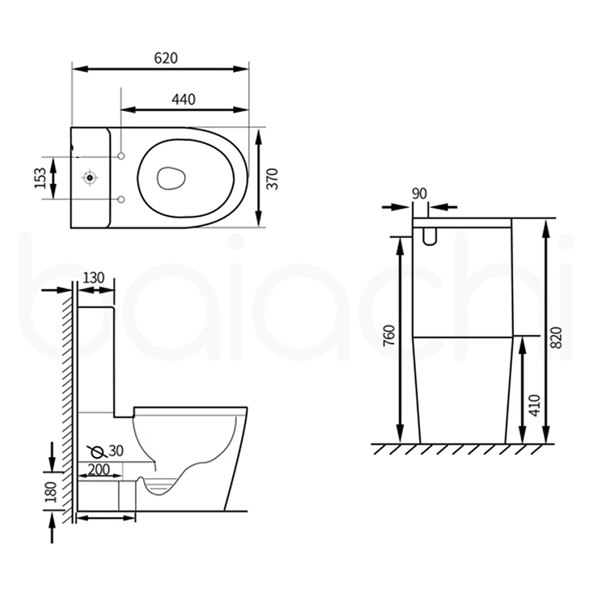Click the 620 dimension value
tap(165, 57)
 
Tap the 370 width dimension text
tap(273, 178)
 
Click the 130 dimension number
tap(94, 277)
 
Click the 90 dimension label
tap(419, 193)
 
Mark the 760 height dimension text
tap(388, 336)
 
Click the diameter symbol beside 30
tap(96, 451)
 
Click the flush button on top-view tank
tap(89, 176)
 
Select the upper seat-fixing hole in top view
tap(121, 155)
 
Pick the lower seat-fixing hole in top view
tap(121, 198)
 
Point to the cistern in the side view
tap(96, 356)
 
